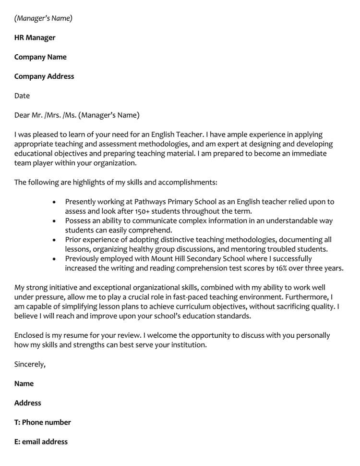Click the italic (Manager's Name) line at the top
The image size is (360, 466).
click(x=43, y=18)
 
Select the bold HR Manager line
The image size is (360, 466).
click(x=35, y=37)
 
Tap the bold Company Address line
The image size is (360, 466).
click(x=44, y=76)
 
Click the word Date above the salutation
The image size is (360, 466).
click(x=22, y=96)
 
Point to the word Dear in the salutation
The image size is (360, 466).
click(x=23, y=115)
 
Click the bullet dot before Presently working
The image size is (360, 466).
click(x=54, y=202)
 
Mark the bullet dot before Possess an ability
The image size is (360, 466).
click(x=54, y=221)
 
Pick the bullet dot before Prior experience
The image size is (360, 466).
click(x=54, y=240)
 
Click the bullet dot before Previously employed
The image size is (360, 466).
click(x=54, y=259)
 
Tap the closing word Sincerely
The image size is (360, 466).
click(x=30, y=364)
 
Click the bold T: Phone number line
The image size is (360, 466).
click(x=43, y=422)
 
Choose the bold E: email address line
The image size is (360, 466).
click(x=41, y=441)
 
